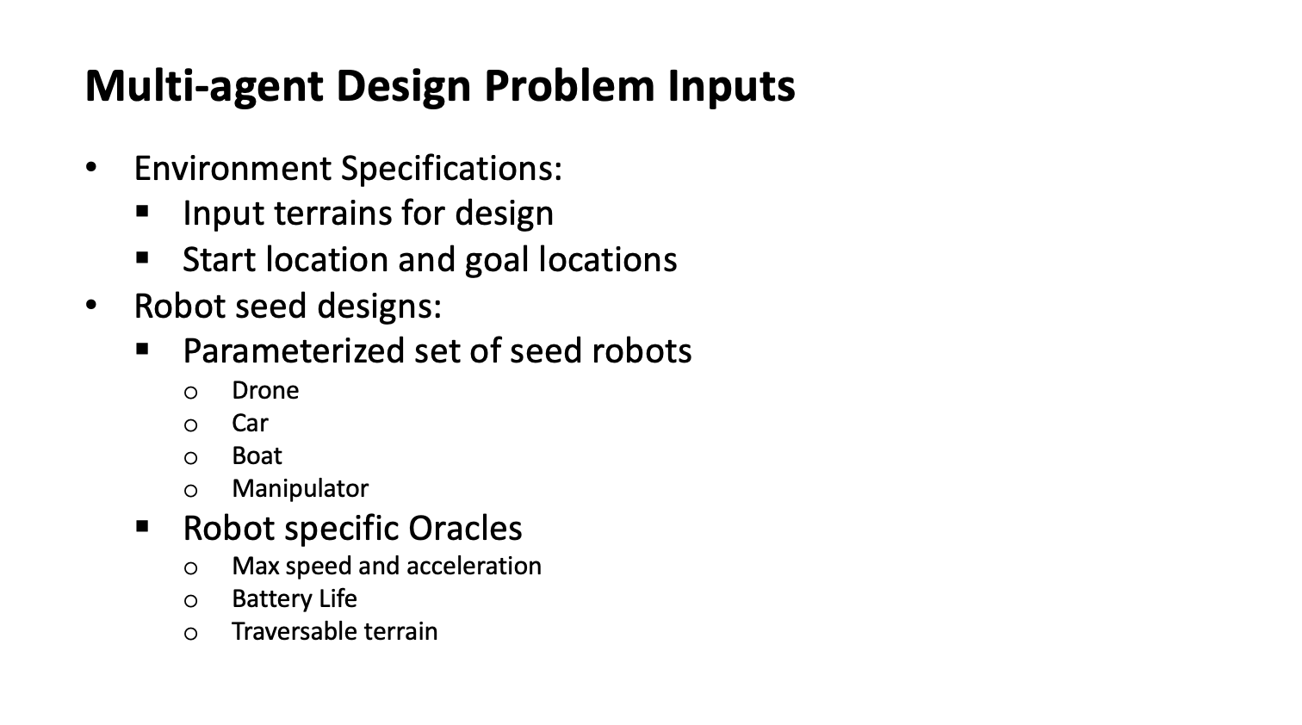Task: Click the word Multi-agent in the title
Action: pos(204,86)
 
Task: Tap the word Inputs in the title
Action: pos(731,86)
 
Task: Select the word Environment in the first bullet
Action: pos(232,169)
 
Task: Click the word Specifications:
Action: pos(451,170)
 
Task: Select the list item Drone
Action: pos(265,390)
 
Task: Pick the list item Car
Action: pos(250,424)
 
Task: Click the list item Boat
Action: pos(257,455)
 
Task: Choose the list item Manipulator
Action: pos(300,489)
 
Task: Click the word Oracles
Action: pos(466,528)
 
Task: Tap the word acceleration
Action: pos(474,566)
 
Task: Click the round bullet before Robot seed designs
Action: pos(91,305)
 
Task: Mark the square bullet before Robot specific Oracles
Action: pos(142,527)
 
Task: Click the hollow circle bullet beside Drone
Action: pos(190,393)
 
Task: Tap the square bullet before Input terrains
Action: pos(142,211)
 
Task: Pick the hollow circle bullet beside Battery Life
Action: pos(190,601)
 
